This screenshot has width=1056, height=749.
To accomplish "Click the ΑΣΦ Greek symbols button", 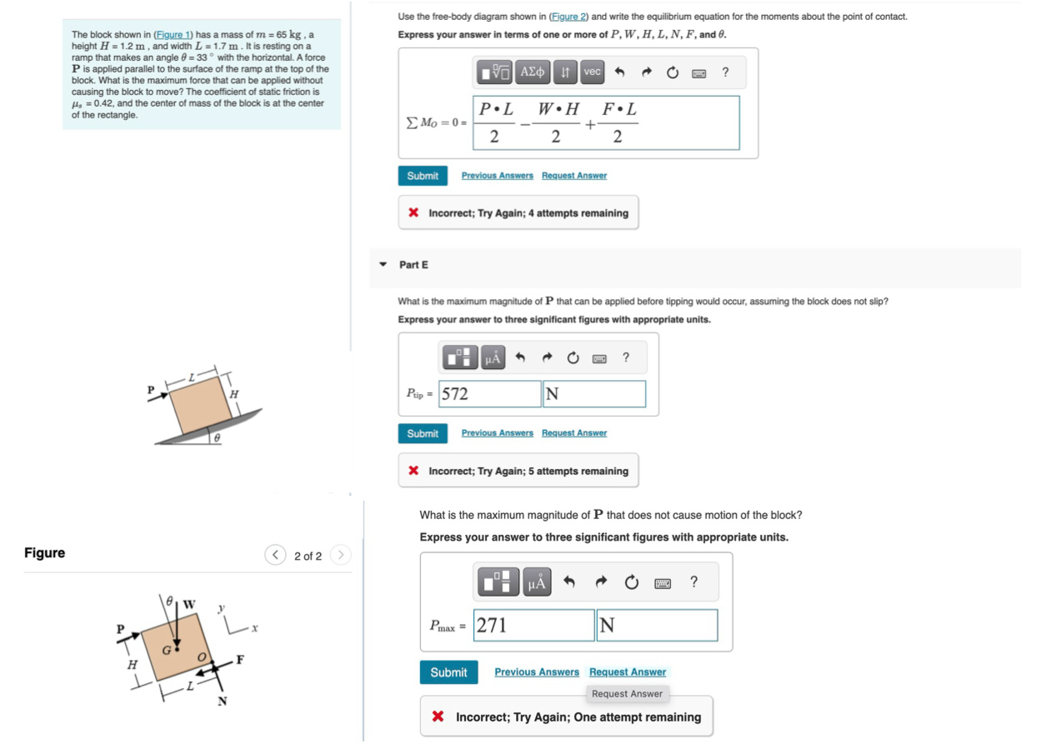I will click(533, 72).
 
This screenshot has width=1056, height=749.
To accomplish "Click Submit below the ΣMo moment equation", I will click(423, 176).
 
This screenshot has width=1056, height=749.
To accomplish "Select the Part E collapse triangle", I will click(383, 265).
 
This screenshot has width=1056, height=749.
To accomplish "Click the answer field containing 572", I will click(490, 394).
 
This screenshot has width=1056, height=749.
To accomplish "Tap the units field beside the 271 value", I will click(656, 626).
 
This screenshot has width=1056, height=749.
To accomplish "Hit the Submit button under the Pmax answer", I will click(448, 672).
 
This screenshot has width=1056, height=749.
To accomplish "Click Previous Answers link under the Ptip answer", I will click(497, 433).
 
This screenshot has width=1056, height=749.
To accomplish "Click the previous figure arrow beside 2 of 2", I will click(275, 556).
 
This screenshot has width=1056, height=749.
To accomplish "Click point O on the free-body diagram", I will click(201, 657).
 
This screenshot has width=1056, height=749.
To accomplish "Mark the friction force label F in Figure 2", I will click(240, 660).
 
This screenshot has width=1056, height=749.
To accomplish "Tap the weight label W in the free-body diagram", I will click(189, 603).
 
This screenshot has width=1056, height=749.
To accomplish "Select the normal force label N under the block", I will click(223, 701).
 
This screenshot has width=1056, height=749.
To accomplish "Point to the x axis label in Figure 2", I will click(254, 629).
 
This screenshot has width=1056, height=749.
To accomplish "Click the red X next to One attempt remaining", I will click(438, 717).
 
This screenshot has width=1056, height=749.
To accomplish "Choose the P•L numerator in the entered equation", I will click(495, 110).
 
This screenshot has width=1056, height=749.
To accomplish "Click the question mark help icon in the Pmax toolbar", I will click(693, 582).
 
